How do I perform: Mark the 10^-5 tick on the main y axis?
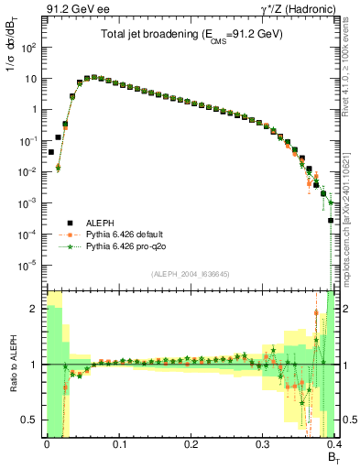point(31,266)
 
